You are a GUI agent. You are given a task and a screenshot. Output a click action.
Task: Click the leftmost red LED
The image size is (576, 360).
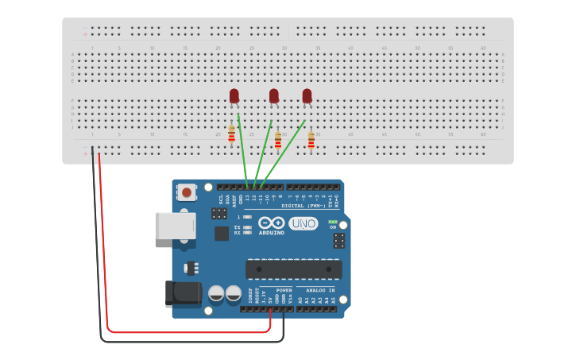234,96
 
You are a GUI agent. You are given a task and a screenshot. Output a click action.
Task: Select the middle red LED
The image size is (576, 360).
274,96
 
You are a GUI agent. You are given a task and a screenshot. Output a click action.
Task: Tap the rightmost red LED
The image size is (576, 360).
307,96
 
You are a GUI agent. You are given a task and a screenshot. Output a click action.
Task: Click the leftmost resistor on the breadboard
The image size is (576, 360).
231,134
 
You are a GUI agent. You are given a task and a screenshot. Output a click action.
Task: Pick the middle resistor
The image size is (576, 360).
277,141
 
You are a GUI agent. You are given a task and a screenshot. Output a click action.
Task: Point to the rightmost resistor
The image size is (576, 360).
311,141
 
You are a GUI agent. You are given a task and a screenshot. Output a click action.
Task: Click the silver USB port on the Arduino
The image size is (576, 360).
173,226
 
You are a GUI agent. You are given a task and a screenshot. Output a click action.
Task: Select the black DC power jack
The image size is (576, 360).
183,293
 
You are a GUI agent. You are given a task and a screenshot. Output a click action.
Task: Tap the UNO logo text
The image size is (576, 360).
303,224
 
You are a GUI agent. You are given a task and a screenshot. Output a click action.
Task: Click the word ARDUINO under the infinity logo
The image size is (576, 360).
271,233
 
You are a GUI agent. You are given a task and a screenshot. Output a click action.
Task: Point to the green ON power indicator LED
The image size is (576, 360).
333,223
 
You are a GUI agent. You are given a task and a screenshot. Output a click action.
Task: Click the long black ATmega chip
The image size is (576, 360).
294,269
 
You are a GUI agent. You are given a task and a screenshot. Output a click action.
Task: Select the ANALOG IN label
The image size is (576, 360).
320,290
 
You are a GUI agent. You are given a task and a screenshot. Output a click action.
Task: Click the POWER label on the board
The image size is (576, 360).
284,290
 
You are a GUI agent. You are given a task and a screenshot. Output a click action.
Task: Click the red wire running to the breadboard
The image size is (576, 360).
103,238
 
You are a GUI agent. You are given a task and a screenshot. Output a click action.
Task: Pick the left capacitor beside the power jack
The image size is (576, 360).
216,294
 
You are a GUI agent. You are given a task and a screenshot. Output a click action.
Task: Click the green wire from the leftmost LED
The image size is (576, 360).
242,151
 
